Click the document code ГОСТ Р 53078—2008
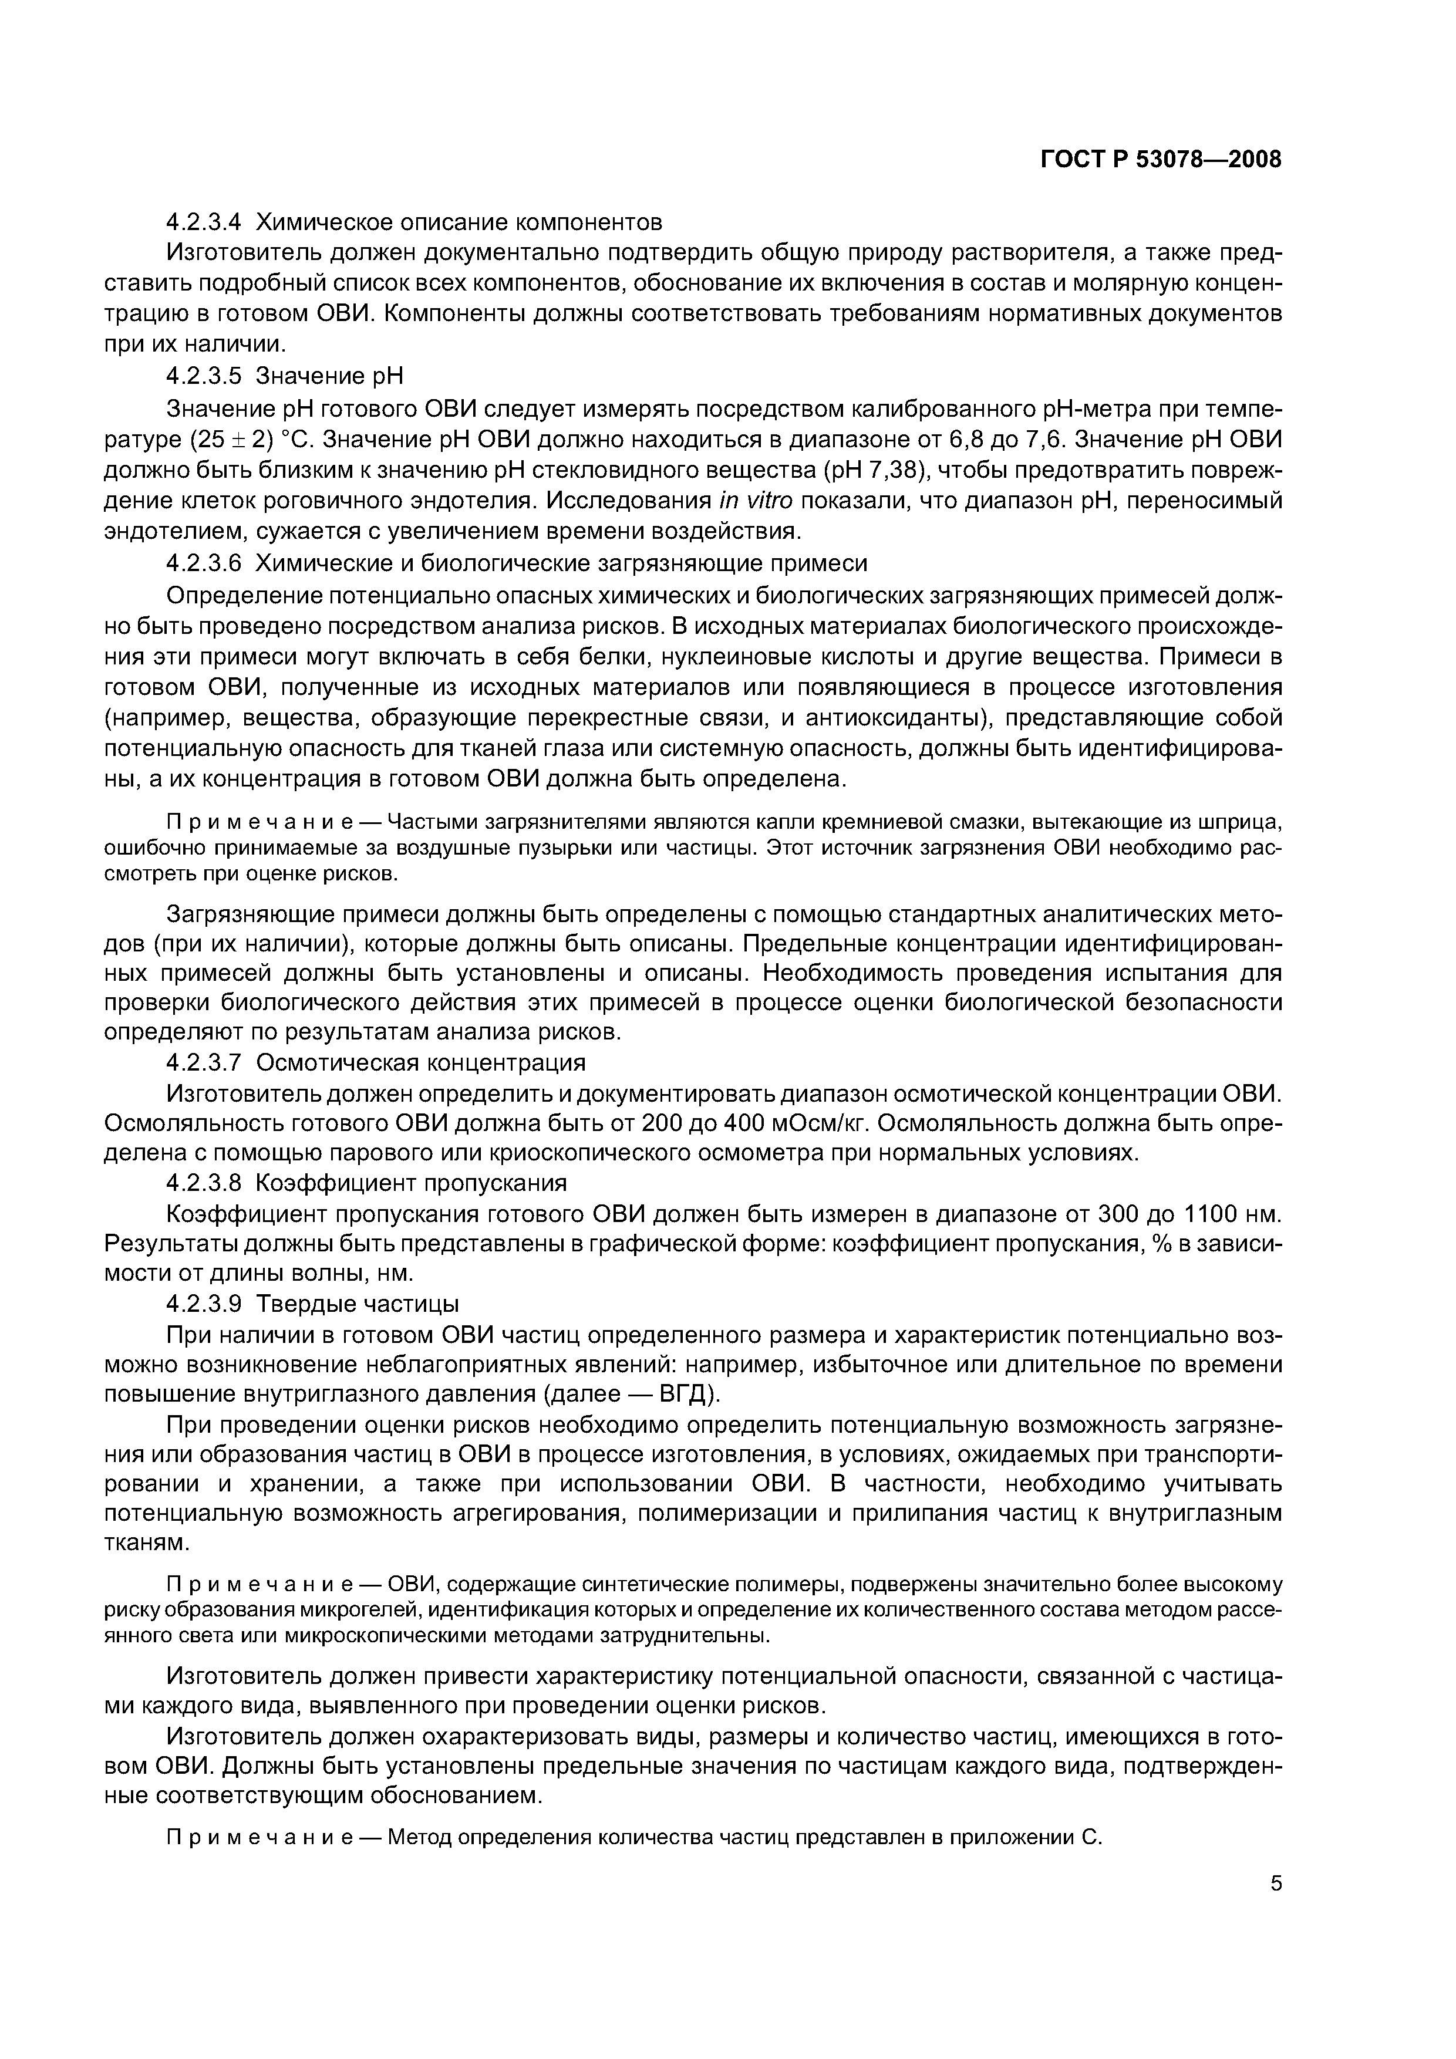(x=1161, y=160)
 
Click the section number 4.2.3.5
(x=204, y=376)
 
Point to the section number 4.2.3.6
(x=204, y=563)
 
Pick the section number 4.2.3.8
(x=204, y=1183)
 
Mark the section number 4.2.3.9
(x=204, y=1303)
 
